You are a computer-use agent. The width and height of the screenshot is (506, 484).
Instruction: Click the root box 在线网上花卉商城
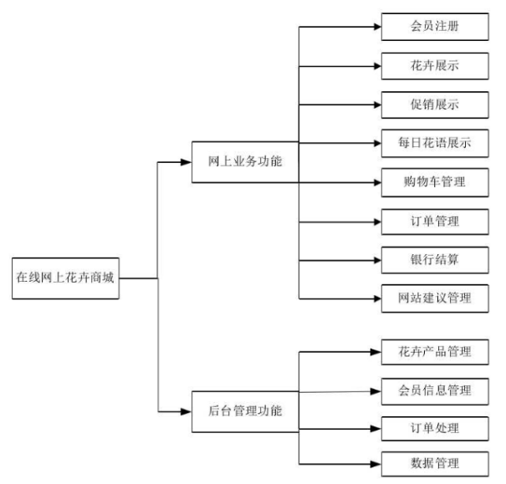[65, 277]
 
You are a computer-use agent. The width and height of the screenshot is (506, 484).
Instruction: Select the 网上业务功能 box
[244, 161]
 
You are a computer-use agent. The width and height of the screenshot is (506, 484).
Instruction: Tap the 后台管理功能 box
[244, 410]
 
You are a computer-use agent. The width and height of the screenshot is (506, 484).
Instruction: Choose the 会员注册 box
[434, 26]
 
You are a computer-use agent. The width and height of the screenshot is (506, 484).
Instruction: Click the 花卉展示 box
[434, 65]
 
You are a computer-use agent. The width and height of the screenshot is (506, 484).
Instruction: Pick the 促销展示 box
[434, 104]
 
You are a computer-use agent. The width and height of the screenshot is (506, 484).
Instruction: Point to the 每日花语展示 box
[434, 143]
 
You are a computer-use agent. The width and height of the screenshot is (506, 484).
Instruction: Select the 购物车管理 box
[434, 181]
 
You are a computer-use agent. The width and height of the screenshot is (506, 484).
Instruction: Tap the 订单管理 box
[434, 221]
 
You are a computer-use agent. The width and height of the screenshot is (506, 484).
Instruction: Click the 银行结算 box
[434, 259]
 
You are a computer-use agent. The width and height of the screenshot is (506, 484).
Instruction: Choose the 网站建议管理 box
[434, 298]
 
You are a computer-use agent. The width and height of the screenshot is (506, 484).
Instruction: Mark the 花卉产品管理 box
[434, 351]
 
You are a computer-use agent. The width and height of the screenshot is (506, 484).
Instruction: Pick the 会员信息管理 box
[434, 390]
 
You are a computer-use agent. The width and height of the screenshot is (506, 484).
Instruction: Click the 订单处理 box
[434, 429]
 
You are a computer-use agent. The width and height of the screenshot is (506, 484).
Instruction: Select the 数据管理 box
[434, 462]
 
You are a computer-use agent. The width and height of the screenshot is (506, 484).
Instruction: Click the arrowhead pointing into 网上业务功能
[187, 161]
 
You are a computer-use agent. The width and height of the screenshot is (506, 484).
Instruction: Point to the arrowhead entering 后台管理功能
[187, 410]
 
